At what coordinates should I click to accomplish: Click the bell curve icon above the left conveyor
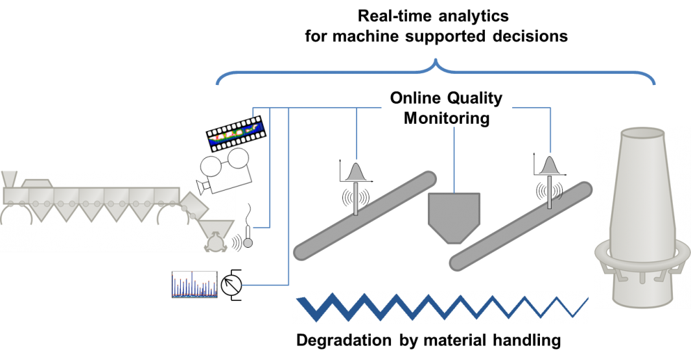click(355, 171)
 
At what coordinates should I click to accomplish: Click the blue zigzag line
click(441, 307)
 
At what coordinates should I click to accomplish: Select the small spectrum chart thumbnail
click(194, 284)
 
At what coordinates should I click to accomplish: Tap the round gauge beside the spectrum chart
click(231, 285)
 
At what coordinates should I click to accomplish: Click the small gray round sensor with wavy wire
click(248, 242)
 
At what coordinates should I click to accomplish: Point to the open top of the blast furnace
click(642, 133)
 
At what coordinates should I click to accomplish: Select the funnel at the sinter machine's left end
click(9, 180)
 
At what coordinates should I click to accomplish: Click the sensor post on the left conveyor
click(355, 201)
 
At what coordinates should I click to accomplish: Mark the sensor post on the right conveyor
click(550, 195)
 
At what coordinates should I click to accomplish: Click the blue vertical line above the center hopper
click(454, 159)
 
